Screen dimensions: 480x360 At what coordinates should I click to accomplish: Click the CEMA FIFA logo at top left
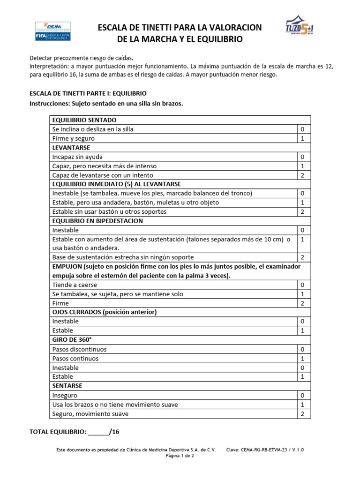click(x=52, y=31)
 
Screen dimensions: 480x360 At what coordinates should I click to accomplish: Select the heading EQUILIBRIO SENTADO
click(x=84, y=120)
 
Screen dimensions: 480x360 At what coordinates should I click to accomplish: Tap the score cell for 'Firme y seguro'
click(x=302, y=139)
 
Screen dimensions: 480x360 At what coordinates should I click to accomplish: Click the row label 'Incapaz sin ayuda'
click(x=77, y=157)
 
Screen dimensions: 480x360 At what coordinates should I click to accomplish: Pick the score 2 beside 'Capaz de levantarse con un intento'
click(x=302, y=175)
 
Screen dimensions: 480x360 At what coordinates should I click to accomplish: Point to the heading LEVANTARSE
click(x=71, y=148)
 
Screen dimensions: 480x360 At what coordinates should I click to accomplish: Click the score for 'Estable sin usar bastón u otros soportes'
click(x=302, y=212)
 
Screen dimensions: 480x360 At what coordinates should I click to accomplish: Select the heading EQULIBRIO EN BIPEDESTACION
click(x=97, y=221)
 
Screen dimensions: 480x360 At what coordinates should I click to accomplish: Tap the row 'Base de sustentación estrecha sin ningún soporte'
click(x=123, y=257)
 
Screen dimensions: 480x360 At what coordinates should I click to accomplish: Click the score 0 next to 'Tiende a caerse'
click(x=302, y=285)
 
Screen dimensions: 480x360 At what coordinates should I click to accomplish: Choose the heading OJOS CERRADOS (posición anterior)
click(x=104, y=312)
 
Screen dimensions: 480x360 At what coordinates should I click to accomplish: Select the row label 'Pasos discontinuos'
click(x=79, y=349)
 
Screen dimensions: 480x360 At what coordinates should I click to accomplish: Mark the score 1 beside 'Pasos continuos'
click(x=302, y=359)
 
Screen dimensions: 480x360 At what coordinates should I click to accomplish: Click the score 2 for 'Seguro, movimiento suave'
click(x=302, y=414)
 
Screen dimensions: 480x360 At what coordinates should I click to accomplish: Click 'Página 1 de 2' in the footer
click(x=180, y=456)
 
